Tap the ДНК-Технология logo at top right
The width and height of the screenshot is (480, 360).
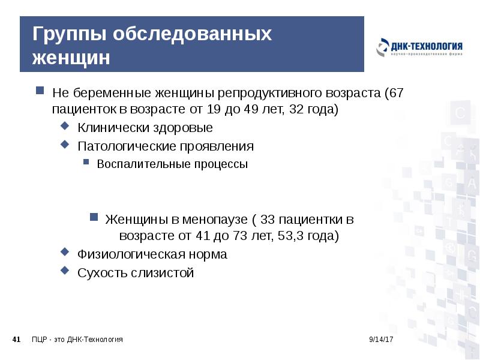(x=419, y=48)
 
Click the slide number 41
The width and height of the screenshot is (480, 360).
(x=17, y=340)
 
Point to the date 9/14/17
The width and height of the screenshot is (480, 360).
(x=380, y=340)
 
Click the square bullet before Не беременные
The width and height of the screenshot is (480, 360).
(x=40, y=92)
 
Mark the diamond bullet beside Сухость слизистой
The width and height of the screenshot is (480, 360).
(x=65, y=271)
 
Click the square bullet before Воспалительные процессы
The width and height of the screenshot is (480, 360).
(x=86, y=163)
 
